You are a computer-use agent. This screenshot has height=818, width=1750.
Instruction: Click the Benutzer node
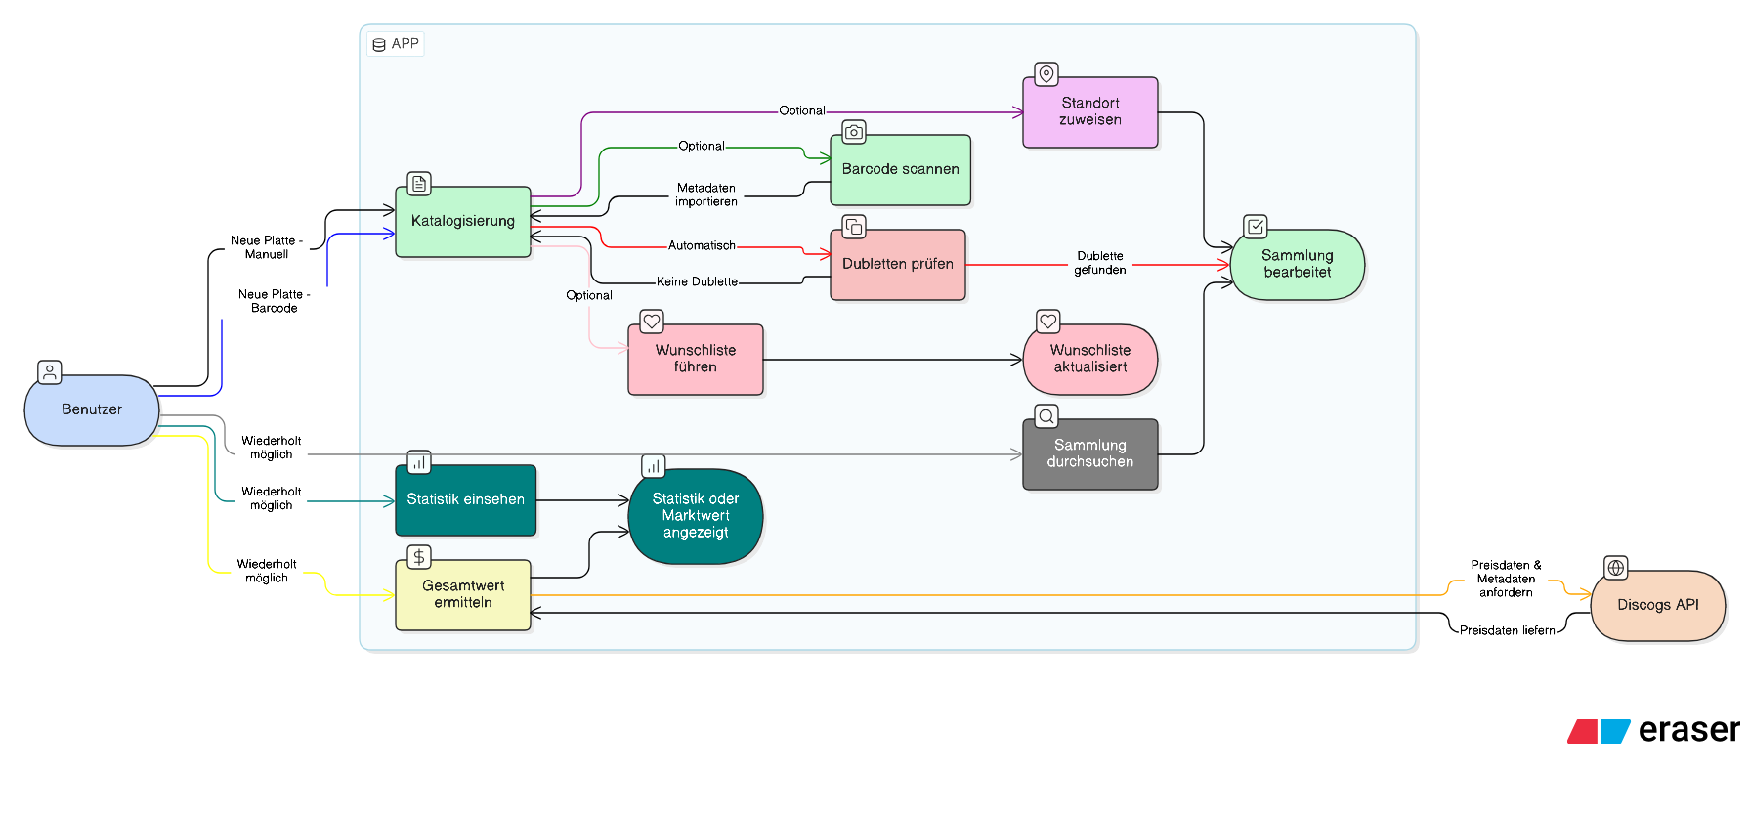tap(92, 410)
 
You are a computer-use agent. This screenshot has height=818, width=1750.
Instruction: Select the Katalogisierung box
tap(463, 222)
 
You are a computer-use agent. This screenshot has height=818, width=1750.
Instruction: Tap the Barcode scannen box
tap(900, 170)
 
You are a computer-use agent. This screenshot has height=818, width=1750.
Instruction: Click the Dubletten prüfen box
tap(897, 265)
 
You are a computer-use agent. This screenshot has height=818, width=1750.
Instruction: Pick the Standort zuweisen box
tap(1089, 112)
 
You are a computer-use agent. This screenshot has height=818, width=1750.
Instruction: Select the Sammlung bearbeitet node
tap(1297, 265)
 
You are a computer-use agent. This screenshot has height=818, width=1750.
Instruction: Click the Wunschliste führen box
tap(695, 360)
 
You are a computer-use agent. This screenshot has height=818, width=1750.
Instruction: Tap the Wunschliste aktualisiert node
tap(1089, 360)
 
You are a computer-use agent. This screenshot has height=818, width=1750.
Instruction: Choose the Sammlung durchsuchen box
tap(1089, 454)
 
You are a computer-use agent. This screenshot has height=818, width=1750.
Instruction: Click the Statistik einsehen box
tap(465, 500)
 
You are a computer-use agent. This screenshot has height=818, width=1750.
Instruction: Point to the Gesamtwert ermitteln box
tap(463, 595)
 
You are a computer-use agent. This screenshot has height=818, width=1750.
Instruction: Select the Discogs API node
tap(1657, 606)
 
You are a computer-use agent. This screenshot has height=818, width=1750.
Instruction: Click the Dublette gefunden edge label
tap(1099, 264)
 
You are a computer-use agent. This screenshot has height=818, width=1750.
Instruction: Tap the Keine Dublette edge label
tap(697, 282)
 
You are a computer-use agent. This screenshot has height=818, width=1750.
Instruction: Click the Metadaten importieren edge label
tap(705, 195)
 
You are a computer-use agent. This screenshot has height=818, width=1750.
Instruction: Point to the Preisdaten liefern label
tap(1507, 631)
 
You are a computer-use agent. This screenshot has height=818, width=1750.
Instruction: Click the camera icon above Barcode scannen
tap(853, 132)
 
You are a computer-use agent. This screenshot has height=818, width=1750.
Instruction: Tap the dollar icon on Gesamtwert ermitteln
tap(418, 557)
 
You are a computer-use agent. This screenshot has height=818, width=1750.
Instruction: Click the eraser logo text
tap(1687, 730)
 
